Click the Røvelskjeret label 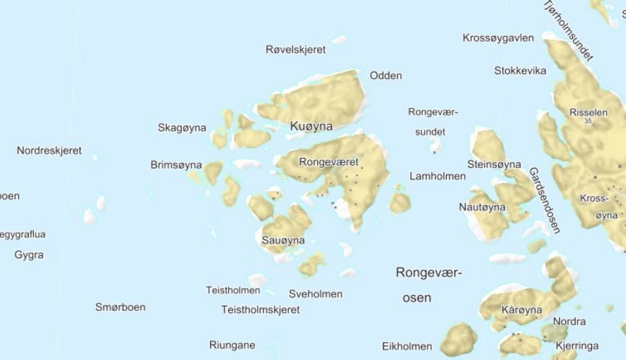coord(296,49)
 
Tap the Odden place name coord(386,75)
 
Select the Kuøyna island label coord(312,126)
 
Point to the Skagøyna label coord(182,128)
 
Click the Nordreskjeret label coord(49,151)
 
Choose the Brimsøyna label coord(176,165)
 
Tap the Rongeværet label coord(329,161)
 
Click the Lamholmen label coord(437,176)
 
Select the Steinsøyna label coord(494,164)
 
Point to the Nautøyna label coord(482,207)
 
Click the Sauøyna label coord(283,240)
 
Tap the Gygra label coord(29,254)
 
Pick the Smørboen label coord(120,307)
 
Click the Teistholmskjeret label coord(261,310)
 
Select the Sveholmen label coord(316,294)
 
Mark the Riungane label coord(232,345)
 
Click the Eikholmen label coord(407,346)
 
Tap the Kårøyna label coord(522,310)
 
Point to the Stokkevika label coord(520,70)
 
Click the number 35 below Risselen coord(587,122)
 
